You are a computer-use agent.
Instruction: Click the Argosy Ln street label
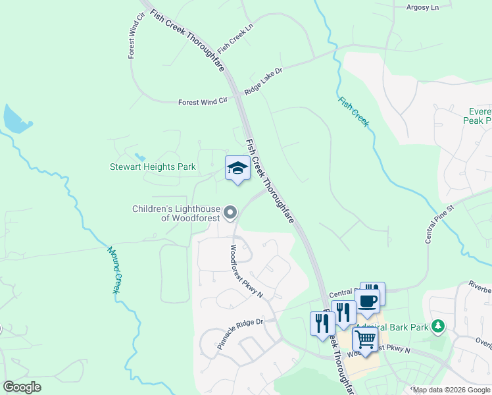coord(424,7)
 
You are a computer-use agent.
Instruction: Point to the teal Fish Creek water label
coord(354,112)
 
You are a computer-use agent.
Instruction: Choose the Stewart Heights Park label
coord(153,167)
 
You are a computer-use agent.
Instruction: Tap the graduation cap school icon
coord(237,168)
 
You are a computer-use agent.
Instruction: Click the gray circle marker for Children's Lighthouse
coord(230,212)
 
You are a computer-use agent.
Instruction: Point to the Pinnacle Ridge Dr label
coord(240,334)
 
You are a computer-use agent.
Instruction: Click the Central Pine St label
coord(440,224)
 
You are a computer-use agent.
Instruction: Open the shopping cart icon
coord(365,340)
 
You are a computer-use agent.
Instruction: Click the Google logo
coord(22,386)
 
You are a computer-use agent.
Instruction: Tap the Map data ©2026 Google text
coord(451,390)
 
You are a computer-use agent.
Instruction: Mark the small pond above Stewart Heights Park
coord(139,157)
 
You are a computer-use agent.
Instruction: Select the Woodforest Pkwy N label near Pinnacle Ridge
coord(246,271)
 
